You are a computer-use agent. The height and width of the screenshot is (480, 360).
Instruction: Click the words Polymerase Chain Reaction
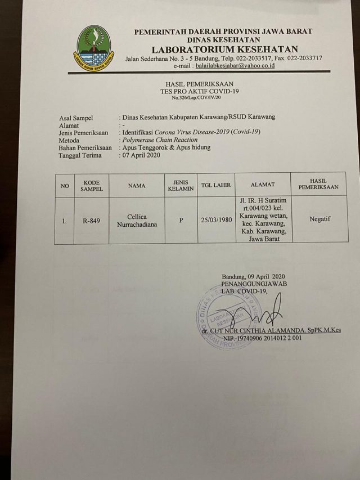click(x=159, y=140)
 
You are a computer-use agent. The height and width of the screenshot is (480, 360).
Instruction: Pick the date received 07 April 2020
click(x=141, y=155)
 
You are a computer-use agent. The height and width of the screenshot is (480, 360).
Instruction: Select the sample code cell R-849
click(x=91, y=221)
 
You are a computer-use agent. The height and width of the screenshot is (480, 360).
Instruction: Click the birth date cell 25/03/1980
click(x=216, y=220)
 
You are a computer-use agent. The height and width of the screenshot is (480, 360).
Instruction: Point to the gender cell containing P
click(x=181, y=221)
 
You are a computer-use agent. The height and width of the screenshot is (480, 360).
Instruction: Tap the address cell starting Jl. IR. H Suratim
click(x=263, y=219)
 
